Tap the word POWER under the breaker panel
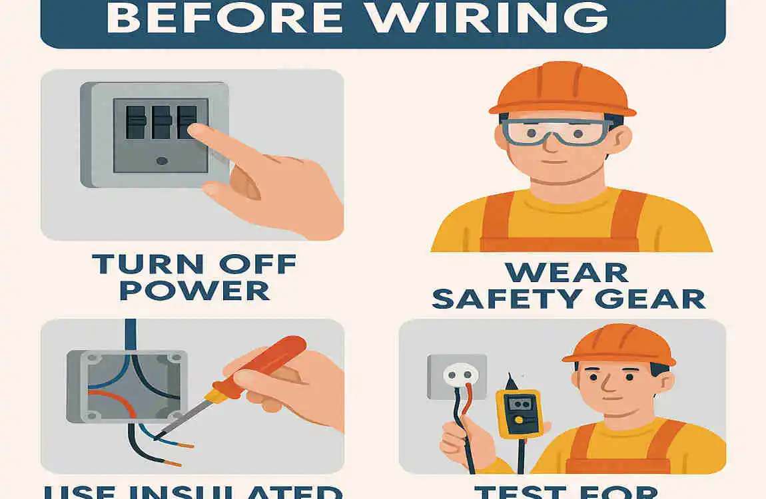[x=194, y=290]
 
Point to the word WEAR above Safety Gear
[x=566, y=273]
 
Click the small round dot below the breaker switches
[x=161, y=160]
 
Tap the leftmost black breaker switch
[x=136, y=122]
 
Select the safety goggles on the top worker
[x=557, y=131]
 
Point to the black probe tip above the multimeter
[x=510, y=382]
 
